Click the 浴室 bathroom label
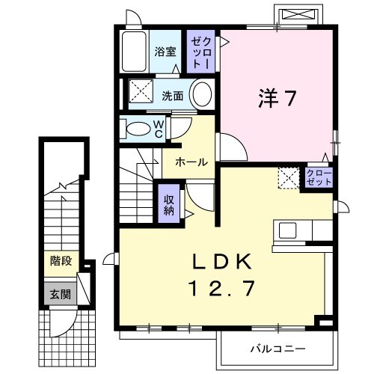pos(165,52)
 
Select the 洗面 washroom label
pos(171,95)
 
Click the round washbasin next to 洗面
pos(200,95)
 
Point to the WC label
pos(159,129)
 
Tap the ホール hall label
pos(191,162)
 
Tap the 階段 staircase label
pos(61,261)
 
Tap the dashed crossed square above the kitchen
pos(289,179)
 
